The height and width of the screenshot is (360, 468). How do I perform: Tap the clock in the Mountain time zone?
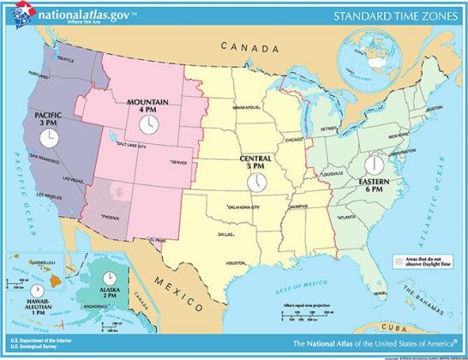(x=148, y=125)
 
